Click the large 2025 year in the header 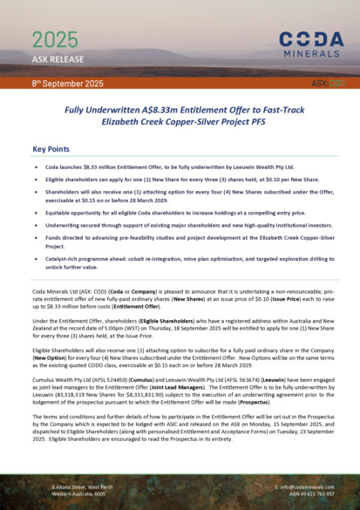54,39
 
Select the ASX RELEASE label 58,59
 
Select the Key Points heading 51,149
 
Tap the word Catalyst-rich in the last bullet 68,260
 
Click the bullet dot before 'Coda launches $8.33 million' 36,166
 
